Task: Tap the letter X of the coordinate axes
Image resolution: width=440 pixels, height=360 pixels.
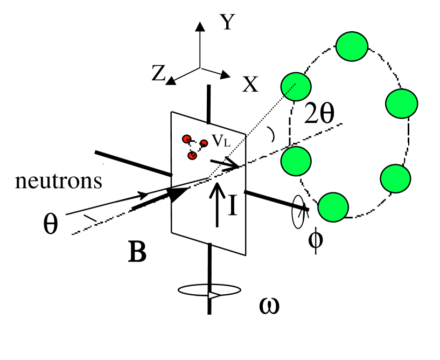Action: (x=249, y=84)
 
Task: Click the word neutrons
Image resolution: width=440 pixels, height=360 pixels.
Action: (x=59, y=181)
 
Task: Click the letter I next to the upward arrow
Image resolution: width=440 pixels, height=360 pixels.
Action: (x=232, y=206)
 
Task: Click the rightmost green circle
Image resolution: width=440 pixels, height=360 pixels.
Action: (x=402, y=102)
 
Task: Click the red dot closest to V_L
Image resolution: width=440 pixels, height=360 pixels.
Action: (x=204, y=143)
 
